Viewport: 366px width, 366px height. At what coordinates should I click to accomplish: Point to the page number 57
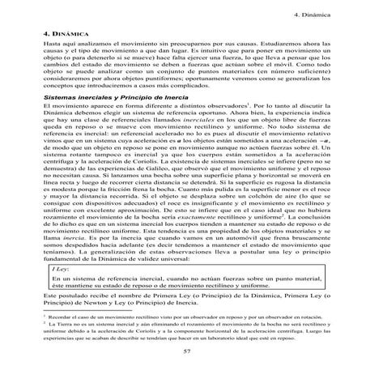[x=185, y=351]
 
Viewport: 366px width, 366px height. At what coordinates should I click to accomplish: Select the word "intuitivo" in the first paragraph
[x=227, y=55]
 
